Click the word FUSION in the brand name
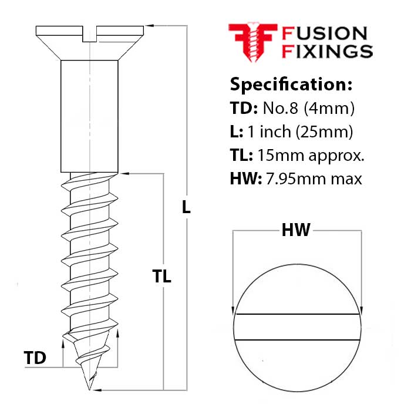pyautogui.click(x=325, y=34)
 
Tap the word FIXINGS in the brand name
pyautogui.click(x=328, y=51)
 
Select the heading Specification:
pyautogui.click(x=291, y=84)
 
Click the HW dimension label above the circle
pyautogui.click(x=296, y=231)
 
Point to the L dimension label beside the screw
pyautogui.click(x=186, y=207)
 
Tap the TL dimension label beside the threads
pyautogui.click(x=161, y=277)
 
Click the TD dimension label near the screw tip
pyautogui.click(x=35, y=358)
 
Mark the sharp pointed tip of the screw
pyautogui.click(x=90, y=388)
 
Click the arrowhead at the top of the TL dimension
pyautogui.click(x=124, y=173)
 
